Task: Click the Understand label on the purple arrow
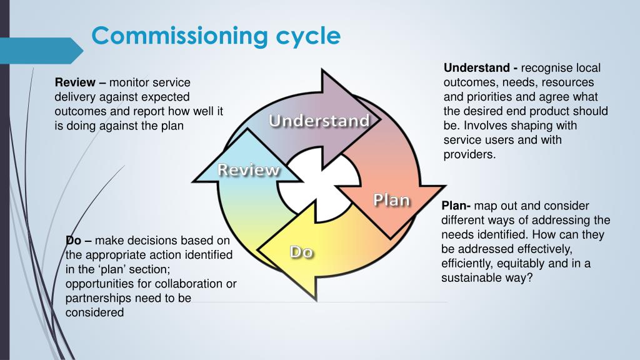(319, 121)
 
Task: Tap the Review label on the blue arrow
(249, 169)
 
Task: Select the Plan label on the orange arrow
(391, 200)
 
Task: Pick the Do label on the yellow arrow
(301, 252)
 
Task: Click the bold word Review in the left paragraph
(75, 82)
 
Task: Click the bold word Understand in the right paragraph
(477, 67)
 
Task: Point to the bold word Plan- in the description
(456, 206)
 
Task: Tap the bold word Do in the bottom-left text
(73, 241)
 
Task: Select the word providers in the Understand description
(469, 155)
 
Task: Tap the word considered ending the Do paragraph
(94, 312)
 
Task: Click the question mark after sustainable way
(529, 278)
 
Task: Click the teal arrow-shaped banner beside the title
(41, 51)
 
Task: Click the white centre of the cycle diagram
(319, 186)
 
